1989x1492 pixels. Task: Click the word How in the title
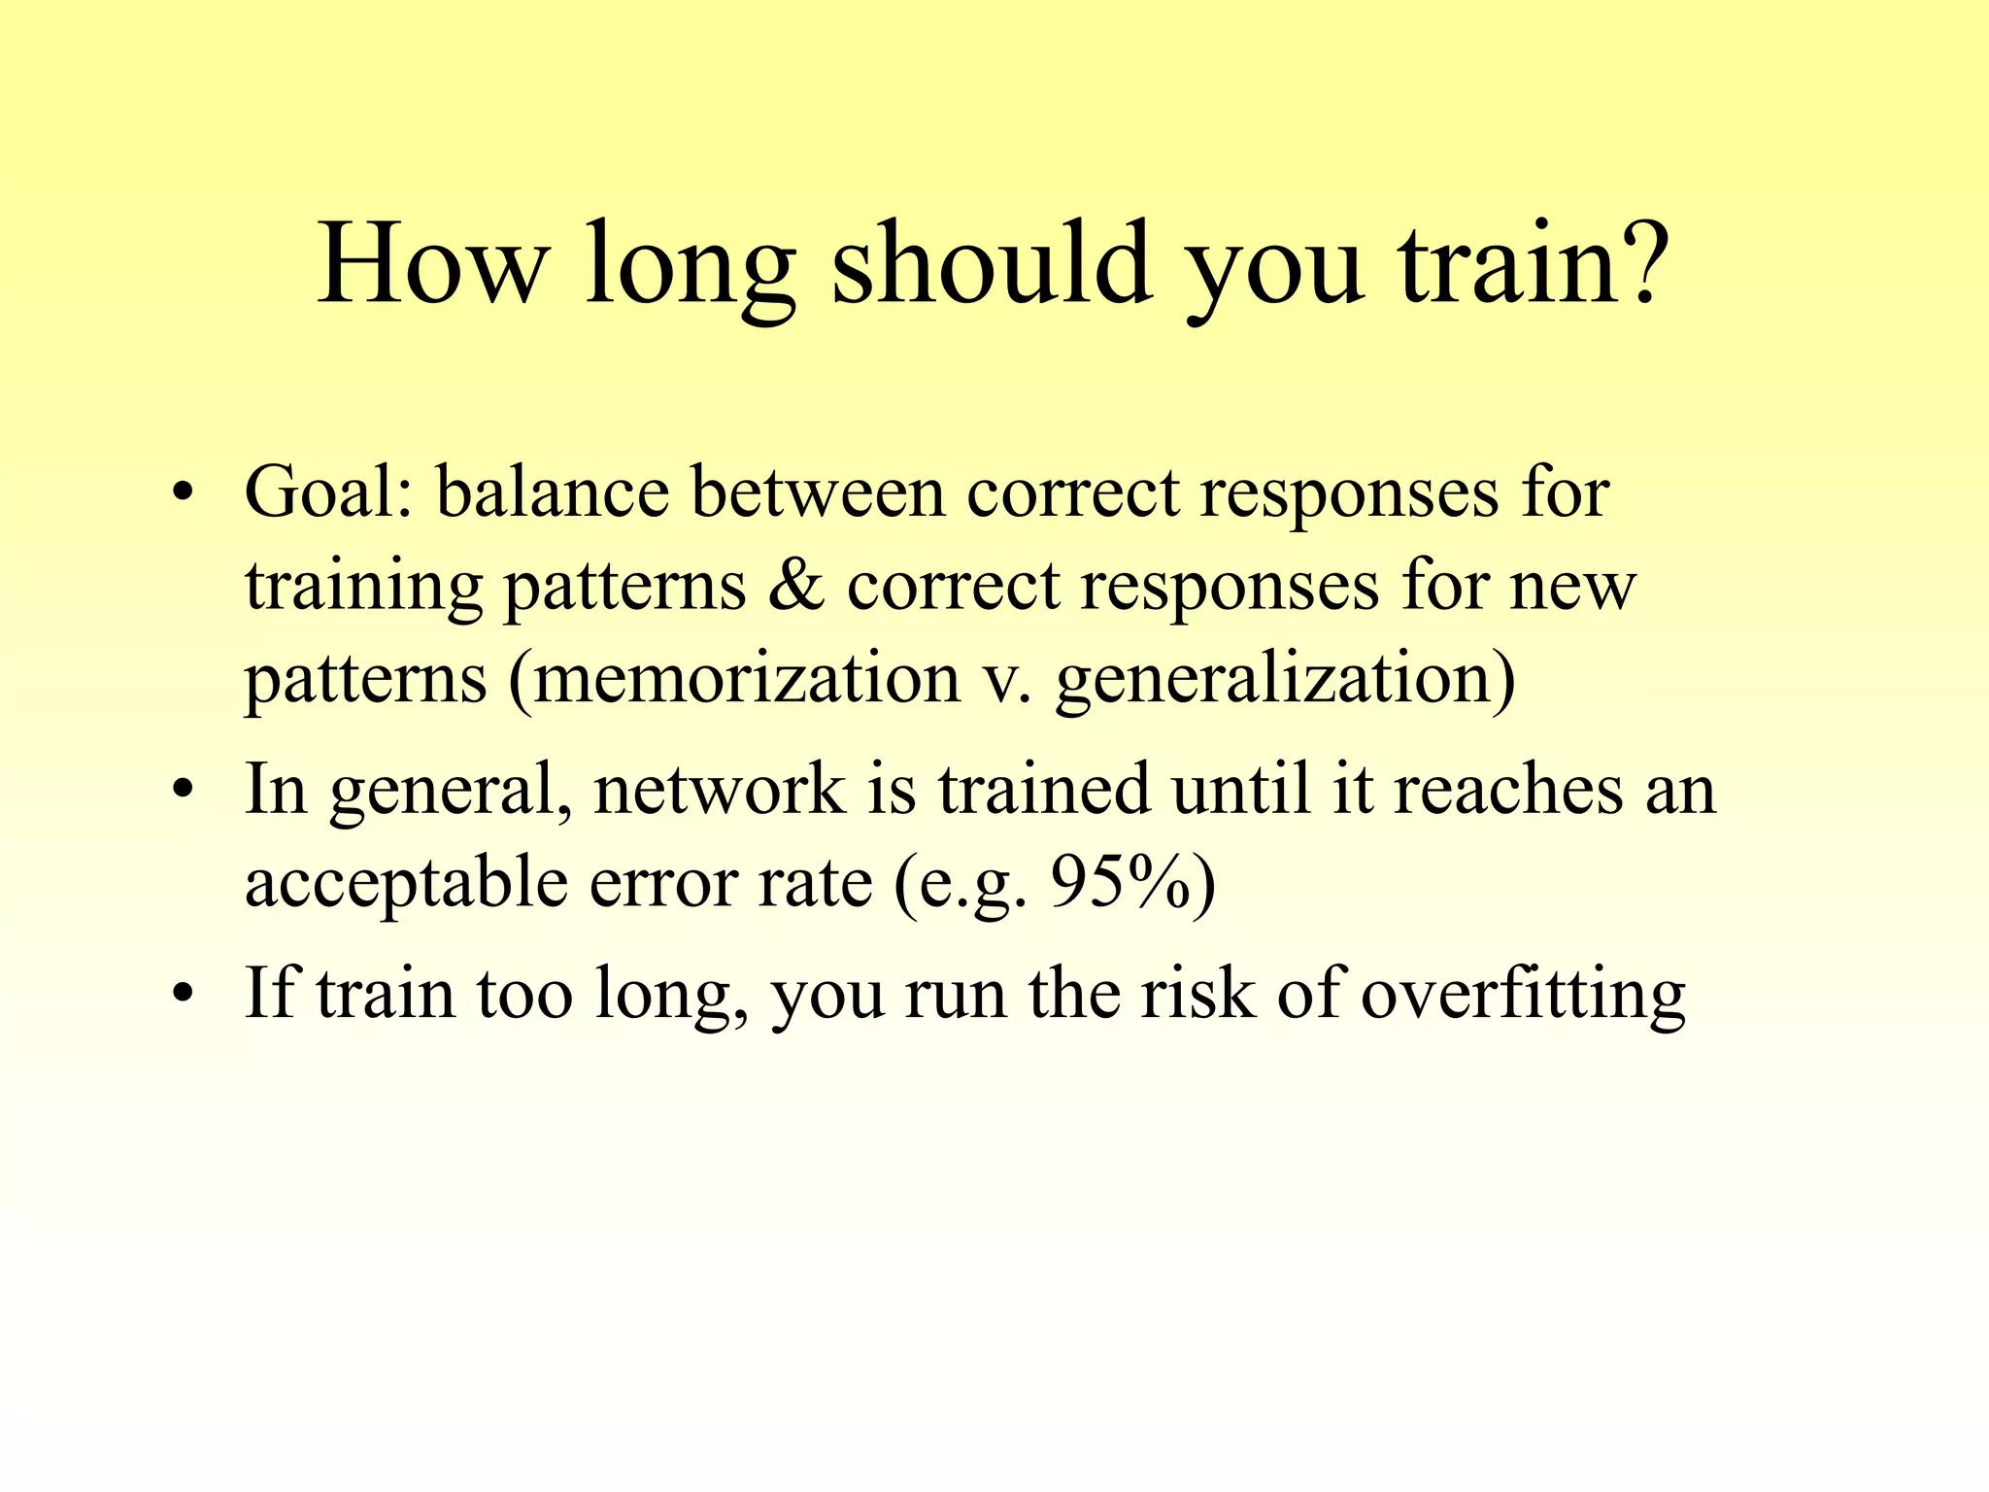(432, 264)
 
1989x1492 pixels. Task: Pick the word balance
(552, 492)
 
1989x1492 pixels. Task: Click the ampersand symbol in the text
(796, 585)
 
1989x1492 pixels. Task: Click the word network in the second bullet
(719, 789)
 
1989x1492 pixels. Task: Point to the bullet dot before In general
(181, 791)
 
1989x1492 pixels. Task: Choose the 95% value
(1121, 882)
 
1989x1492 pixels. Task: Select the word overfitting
(1523, 993)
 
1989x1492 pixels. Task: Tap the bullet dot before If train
(181, 995)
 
